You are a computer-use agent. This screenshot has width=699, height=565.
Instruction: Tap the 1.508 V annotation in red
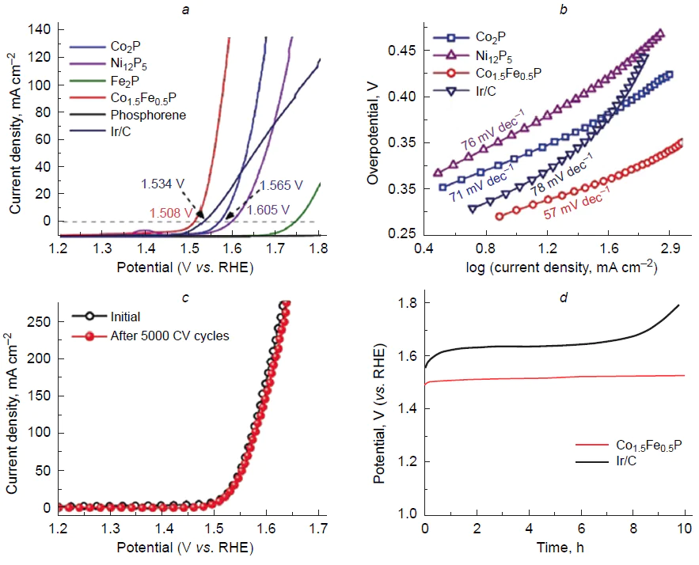[169, 212]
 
